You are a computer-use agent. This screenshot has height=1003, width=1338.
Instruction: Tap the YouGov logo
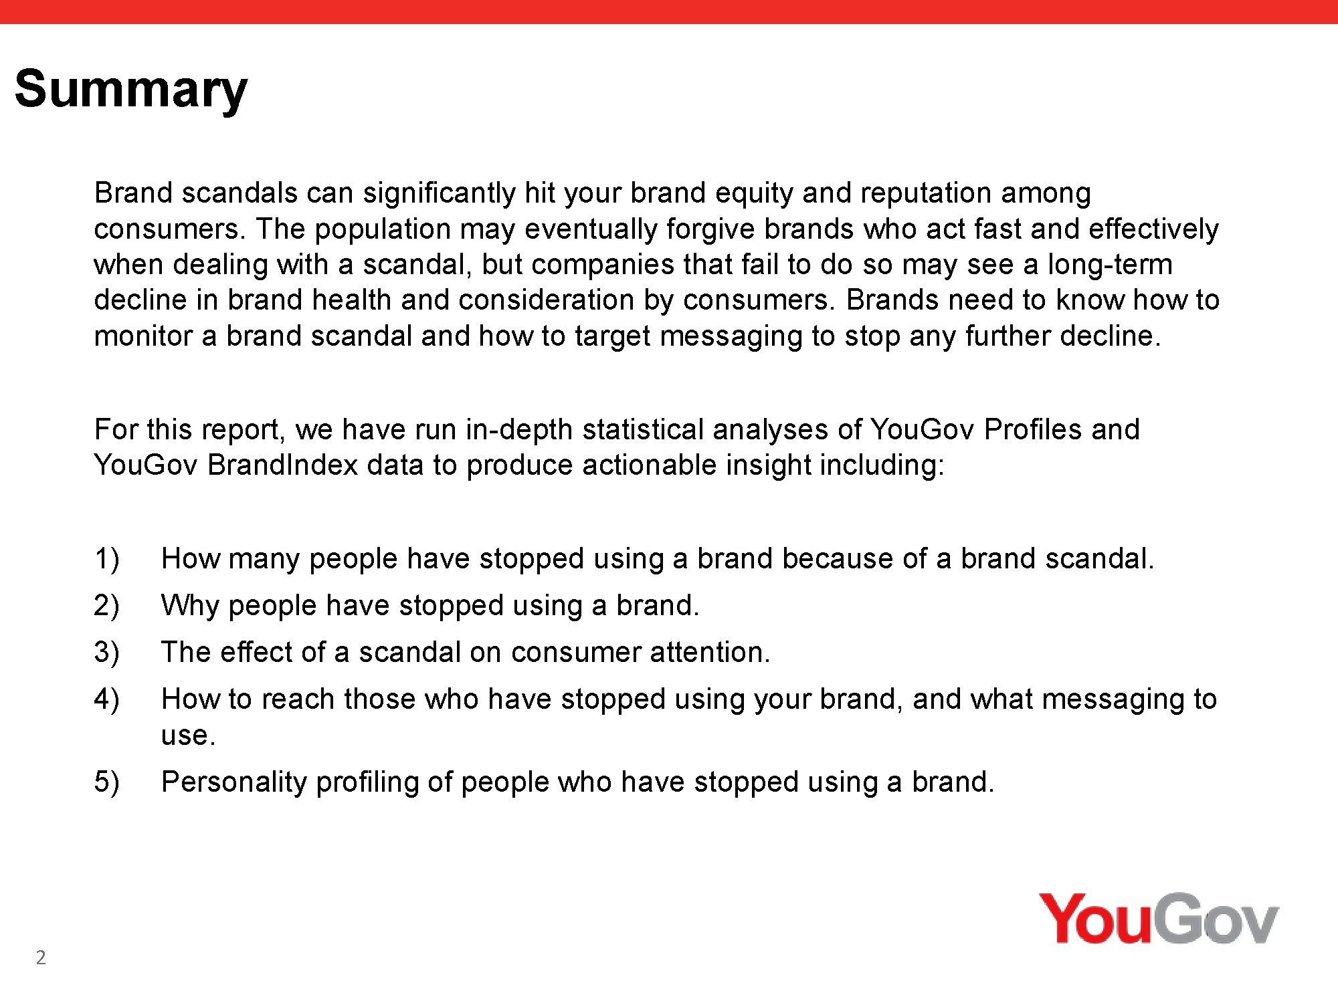point(1159,918)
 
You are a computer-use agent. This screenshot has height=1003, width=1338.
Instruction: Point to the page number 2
point(41,958)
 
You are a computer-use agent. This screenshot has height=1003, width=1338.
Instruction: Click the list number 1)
point(107,558)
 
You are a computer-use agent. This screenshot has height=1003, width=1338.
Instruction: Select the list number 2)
point(107,605)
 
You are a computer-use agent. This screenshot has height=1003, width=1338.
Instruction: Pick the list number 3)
point(107,652)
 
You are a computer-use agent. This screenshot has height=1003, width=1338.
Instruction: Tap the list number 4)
point(107,699)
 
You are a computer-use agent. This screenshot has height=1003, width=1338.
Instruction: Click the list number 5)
point(107,782)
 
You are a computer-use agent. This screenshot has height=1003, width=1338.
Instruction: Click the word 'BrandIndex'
point(282,465)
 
